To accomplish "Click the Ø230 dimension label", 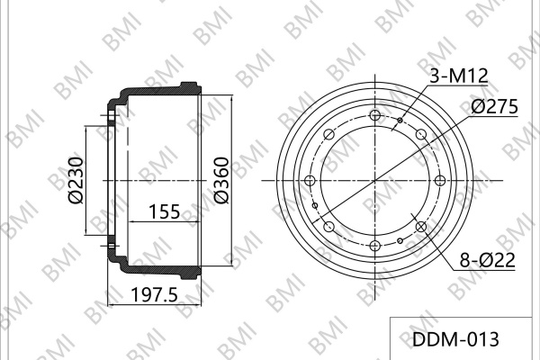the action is (x=76, y=181).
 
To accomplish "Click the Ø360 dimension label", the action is (x=221, y=181).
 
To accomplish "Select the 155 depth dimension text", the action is (x=165, y=211).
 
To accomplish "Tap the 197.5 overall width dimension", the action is (x=155, y=294).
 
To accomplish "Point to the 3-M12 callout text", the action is (x=459, y=76).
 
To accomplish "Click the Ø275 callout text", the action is (x=494, y=106).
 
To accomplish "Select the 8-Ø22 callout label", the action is (x=487, y=260).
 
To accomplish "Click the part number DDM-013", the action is (x=455, y=339).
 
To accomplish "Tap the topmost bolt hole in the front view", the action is (x=374, y=115).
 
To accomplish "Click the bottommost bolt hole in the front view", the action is (x=374, y=246).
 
